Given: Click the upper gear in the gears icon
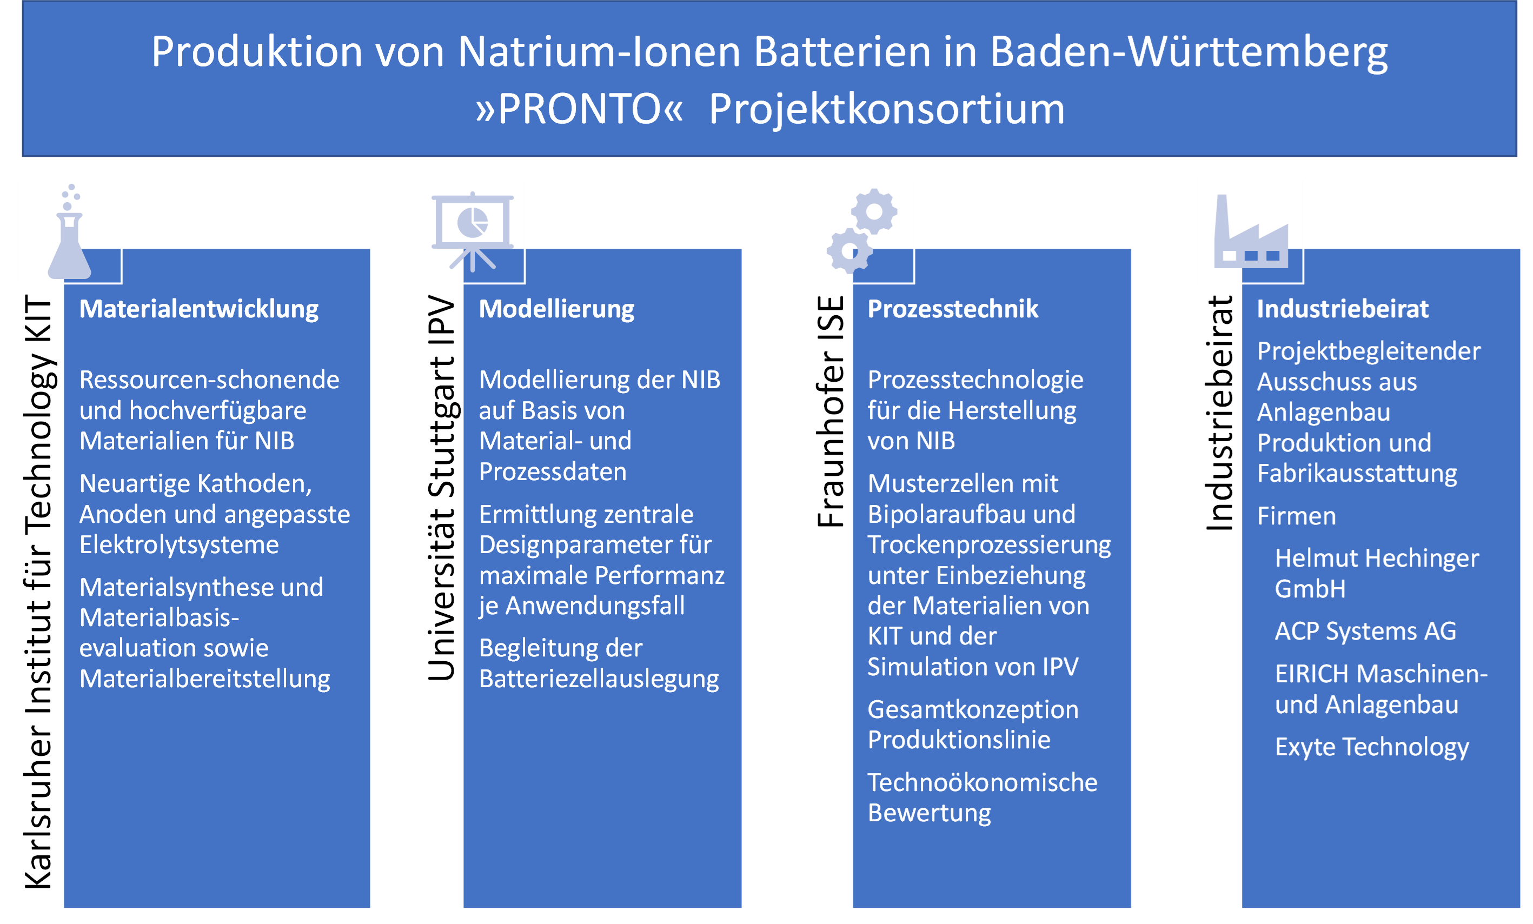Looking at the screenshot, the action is coord(874,211).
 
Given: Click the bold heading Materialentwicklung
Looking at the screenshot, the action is coord(199,309).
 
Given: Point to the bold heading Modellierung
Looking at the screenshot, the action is coord(557,309).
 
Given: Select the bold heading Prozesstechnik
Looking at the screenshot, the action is coord(953,309).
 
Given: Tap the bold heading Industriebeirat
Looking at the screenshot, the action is coord(1343,309).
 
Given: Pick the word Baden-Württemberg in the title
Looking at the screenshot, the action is coord(1189,52).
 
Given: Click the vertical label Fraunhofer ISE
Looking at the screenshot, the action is coord(831,411).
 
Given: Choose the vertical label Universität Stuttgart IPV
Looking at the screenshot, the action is coord(442,488).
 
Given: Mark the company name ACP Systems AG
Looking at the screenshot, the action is coord(1365,631).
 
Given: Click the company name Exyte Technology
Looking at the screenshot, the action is coord(1372,747).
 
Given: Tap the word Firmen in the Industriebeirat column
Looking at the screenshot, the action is coord(1297,516).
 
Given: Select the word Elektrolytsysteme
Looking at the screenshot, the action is coord(179,545).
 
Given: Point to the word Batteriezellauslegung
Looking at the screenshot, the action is coord(599,679).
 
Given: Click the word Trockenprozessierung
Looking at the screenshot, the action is coord(989,545).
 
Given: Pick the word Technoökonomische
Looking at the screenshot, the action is coord(983,783).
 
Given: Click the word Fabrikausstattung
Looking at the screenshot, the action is coord(1357,474).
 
